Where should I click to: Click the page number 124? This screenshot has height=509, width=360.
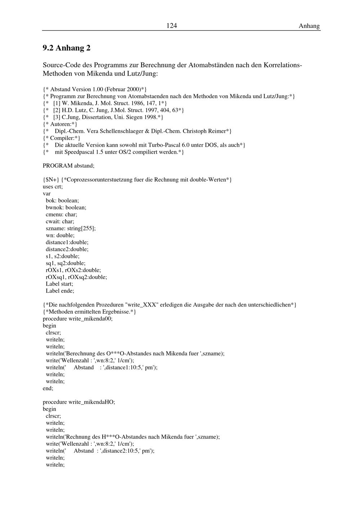171,26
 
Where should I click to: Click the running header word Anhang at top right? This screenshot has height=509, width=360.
309,26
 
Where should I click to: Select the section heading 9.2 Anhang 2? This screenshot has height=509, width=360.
67,48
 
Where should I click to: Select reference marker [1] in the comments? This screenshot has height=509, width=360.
57,103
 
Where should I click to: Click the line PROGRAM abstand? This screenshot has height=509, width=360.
68,166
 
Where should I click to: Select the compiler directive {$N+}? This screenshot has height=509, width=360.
51,179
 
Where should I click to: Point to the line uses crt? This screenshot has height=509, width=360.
53,186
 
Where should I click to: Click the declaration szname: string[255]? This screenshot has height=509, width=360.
71,228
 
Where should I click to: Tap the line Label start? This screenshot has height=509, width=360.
59,284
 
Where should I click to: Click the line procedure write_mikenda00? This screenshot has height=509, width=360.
77,319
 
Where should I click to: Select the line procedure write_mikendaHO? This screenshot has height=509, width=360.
79,402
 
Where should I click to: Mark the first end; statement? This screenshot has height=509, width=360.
48,388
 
